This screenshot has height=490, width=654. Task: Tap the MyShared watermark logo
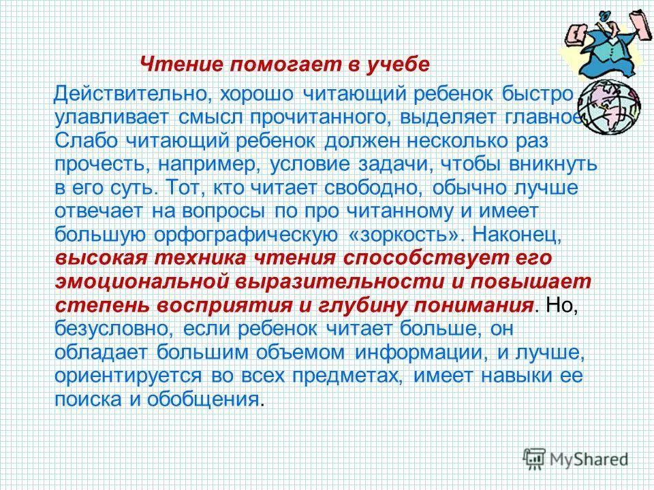pyautogui.click(x=576, y=459)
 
